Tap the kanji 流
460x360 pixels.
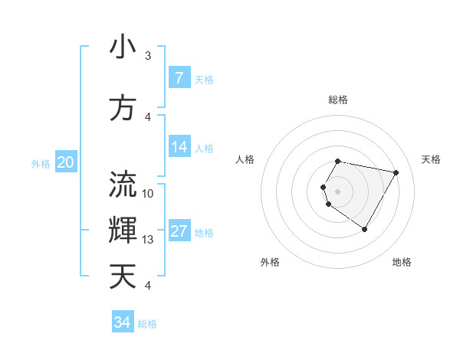pos(123,185)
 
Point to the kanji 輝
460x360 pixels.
pos(123,230)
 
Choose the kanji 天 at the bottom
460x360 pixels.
pos(123,276)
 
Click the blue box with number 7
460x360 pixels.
pos(179,78)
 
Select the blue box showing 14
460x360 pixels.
pos(179,147)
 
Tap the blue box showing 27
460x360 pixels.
pos(179,231)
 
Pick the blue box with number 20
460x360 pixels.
pos(65,162)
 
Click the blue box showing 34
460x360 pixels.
pos(122,322)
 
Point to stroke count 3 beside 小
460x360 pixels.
pos(148,56)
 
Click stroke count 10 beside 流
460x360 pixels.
pos(148,194)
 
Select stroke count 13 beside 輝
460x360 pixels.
pos(148,240)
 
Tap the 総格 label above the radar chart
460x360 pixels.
pos(338,100)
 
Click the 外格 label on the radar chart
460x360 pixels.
pos(270,262)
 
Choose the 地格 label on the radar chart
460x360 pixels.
pos(402,262)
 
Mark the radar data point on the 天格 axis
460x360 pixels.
pos(396,173)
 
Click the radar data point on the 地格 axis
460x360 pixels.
pos(364,229)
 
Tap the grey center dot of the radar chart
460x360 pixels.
pos(338,191)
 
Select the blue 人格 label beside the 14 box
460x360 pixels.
pos(204,148)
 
